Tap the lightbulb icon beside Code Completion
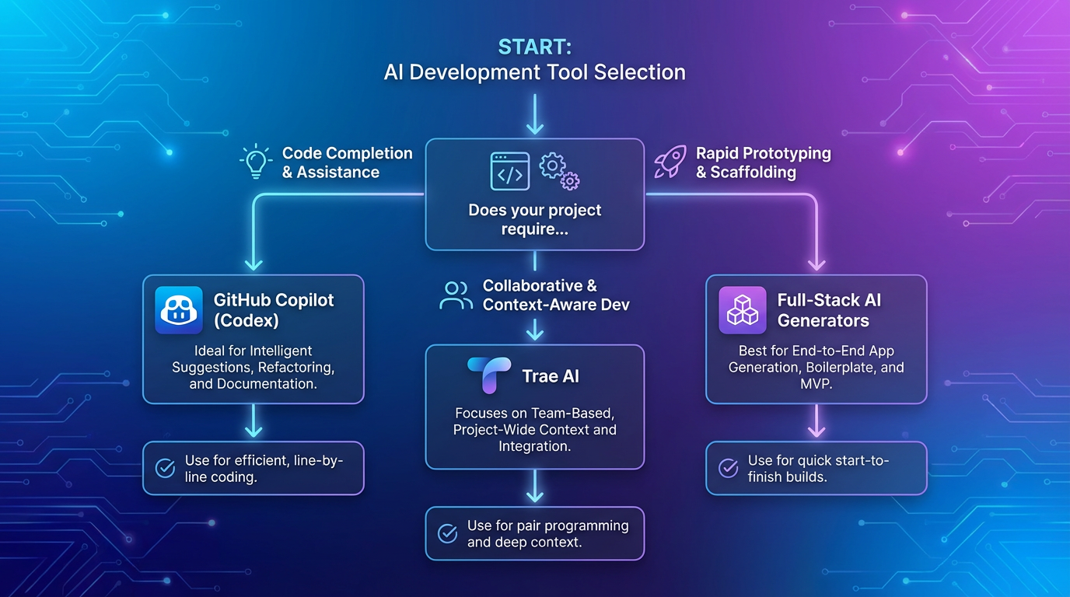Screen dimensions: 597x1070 coord(255,162)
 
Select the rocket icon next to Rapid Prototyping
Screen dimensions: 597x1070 coord(669,162)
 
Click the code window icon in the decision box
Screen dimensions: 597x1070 coord(509,171)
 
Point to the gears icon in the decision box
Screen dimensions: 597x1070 coord(560,171)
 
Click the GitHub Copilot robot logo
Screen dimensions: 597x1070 coord(179,310)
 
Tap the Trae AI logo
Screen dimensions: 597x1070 coord(489,376)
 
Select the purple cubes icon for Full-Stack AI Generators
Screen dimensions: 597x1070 coord(742,310)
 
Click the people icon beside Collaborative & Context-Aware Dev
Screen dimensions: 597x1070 coord(456,295)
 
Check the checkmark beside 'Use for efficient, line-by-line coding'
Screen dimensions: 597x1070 coord(165,468)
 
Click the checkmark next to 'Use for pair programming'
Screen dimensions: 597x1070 coord(447,533)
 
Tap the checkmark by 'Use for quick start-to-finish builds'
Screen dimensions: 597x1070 coord(728,468)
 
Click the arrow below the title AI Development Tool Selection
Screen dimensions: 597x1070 coord(534,115)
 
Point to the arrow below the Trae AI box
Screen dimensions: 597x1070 coord(534,487)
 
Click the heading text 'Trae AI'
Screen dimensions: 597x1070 coord(551,377)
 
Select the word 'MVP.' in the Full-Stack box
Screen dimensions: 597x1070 coord(816,384)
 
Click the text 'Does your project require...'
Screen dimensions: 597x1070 coord(534,219)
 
